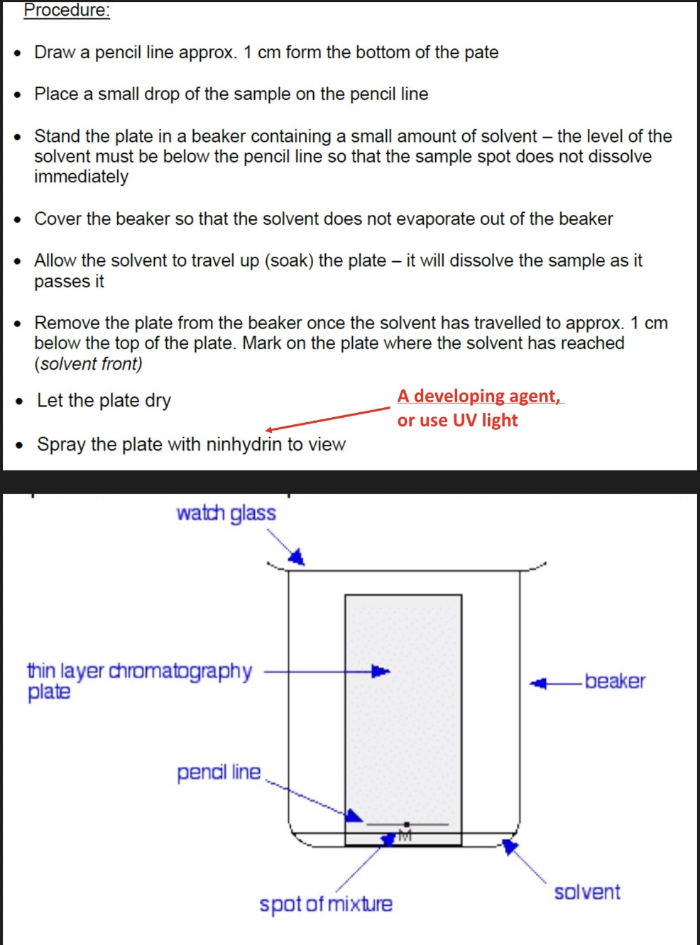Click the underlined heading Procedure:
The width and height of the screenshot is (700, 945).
pos(67,11)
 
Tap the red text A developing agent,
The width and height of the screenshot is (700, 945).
pos(479,396)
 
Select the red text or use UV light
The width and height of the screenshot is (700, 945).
pos(457,421)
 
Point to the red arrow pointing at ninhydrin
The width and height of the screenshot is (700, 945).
pos(327,419)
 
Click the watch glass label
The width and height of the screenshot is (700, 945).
pos(226,513)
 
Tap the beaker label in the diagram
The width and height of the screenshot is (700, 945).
pos(615,681)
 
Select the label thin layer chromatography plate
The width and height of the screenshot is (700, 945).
pos(139,680)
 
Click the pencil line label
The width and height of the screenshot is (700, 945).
pos(219,772)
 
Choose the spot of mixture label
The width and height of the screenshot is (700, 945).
pos(325,905)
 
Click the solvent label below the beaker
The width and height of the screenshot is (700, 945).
pos(586,892)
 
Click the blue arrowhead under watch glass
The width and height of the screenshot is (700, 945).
pos(297,557)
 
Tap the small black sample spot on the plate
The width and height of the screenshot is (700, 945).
pos(406,824)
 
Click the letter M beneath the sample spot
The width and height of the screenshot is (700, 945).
pos(405,836)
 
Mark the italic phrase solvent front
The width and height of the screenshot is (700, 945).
pos(88,364)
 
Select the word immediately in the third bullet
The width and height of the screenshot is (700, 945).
pos(81,177)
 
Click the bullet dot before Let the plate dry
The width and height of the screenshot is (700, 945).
pos(20,402)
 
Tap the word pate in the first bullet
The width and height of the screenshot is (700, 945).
pos(481,53)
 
